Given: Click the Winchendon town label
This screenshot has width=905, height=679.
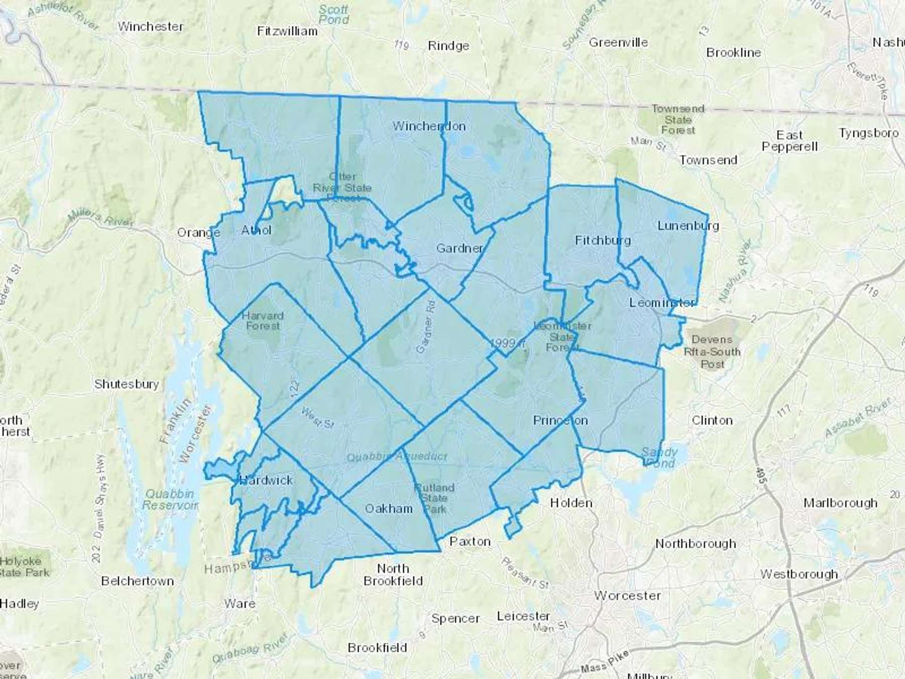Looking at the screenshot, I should (429, 126).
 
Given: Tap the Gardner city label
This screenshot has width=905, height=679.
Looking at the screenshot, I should (460, 248).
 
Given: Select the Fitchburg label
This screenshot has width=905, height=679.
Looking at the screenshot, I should (602, 240).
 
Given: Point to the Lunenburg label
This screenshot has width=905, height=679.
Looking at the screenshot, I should (688, 226).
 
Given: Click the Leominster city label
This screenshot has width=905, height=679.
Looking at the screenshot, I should (662, 303).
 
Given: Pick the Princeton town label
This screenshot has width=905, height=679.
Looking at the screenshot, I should (560, 420).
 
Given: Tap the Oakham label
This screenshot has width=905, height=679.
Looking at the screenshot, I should (389, 508).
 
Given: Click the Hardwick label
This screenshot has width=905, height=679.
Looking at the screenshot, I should (266, 480).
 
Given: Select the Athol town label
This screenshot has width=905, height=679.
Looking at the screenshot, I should (256, 230).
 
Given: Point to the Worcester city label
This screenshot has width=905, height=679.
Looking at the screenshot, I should (627, 596).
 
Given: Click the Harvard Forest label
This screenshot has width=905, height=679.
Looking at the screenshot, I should (262, 321).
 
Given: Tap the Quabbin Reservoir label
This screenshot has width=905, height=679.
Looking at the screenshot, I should (169, 499).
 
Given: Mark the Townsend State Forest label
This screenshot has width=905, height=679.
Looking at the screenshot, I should (678, 120).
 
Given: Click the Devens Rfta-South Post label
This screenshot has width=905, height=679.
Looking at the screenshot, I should (712, 352).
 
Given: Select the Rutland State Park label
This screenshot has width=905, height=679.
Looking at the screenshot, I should (434, 498).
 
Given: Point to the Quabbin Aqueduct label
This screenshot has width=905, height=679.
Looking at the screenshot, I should (397, 457).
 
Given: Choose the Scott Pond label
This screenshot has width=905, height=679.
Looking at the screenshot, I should (333, 15).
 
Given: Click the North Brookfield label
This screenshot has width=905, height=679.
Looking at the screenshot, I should (393, 574).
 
